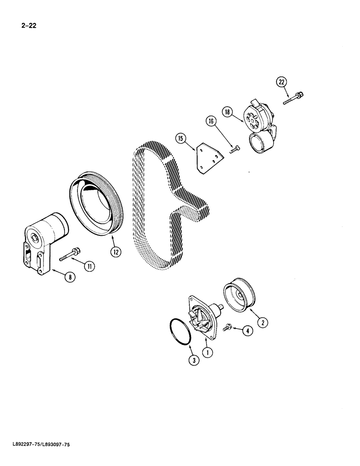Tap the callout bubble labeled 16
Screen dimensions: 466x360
click(211, 122)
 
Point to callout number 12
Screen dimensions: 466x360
click(115, 252)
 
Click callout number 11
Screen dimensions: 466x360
click(89, 266)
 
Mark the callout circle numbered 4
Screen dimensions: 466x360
click(248, 331)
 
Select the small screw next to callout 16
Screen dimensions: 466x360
click(235, 149)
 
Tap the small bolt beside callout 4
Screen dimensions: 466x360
click(228, 329)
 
